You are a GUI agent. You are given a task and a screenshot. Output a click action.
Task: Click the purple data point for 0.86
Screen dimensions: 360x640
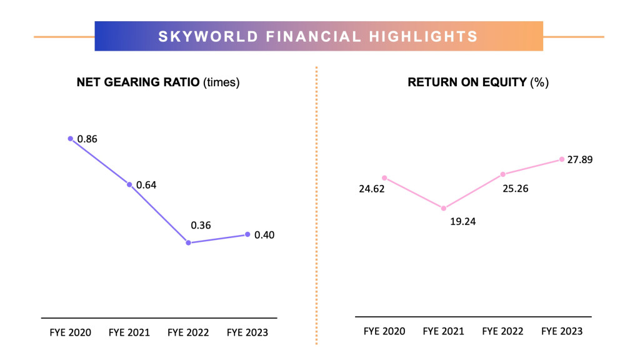click(71, 139)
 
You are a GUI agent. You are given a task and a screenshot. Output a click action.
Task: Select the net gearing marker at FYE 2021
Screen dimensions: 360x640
click(129, 185)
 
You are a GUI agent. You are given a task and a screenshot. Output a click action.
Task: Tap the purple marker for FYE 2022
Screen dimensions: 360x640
click(188, 242)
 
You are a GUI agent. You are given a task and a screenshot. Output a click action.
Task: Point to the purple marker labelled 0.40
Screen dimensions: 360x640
click(247, 234)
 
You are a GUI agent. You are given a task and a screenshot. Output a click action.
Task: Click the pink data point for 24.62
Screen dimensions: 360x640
click(384, 177)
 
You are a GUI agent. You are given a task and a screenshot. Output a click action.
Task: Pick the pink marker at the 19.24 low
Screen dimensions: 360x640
click(444, 208)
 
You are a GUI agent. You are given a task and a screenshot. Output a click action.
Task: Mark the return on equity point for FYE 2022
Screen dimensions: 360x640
click(502, 174)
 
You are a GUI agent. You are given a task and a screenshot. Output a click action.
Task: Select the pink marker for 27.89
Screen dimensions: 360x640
click(562, 159)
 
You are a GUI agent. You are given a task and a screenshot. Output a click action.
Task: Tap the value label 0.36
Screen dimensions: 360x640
click(201, 224)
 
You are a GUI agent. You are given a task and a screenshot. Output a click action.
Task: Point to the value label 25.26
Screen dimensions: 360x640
click(515, 188)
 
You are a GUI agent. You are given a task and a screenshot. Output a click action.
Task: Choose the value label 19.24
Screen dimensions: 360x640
click(463, 221)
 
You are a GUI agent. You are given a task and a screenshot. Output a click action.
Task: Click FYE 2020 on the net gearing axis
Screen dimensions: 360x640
click(70, 332)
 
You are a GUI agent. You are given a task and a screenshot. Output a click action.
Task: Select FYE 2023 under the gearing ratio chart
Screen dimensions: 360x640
click(247, 332)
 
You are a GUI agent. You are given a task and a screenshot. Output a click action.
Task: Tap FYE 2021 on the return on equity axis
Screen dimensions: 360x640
click(444, 331)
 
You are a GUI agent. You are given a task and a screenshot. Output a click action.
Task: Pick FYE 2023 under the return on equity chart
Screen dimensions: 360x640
click(562, 331)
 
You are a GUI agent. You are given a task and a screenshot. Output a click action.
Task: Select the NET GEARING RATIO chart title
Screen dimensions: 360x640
click(158, 82)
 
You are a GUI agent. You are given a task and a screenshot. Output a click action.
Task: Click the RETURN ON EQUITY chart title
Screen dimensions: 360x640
click(478, 82)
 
